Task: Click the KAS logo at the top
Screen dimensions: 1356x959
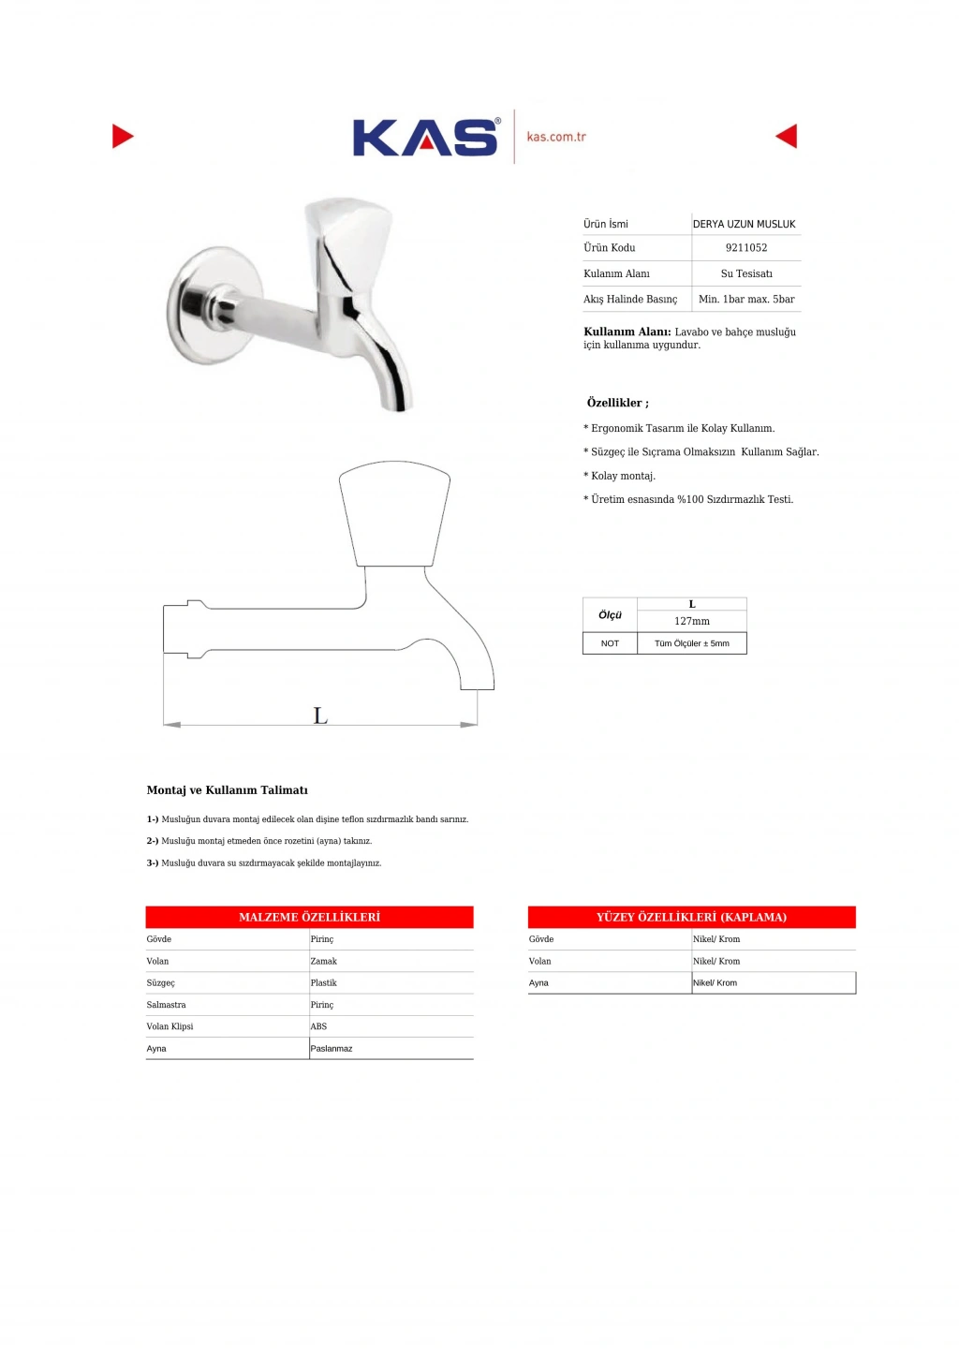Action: [425, 138]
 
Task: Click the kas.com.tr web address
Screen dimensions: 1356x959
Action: [556, 137]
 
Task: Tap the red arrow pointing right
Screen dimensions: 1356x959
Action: [122, 137]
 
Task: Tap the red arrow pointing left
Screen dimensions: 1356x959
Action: [788, 137]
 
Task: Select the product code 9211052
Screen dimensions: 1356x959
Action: [746, 248]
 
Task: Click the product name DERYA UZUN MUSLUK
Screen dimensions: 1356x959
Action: [744, 225]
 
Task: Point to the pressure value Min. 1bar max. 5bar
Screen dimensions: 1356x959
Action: [746, 300]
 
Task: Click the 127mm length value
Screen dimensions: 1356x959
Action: [692, 622]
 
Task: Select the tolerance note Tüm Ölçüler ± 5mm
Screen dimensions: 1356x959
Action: [691, 644]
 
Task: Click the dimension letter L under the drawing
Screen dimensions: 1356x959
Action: [320, 717]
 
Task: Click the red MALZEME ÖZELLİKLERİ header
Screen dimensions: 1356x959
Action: [309, 918]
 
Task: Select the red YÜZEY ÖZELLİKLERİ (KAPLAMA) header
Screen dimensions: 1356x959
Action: [691, 918]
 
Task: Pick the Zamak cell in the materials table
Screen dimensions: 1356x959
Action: [324, 962]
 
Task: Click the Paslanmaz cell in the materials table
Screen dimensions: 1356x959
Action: [332, 1049]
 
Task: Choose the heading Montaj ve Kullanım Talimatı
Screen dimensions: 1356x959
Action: [228, 790]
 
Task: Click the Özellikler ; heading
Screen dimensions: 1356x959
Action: [617, 404]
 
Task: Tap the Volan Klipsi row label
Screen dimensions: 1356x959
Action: [170, 1027]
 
